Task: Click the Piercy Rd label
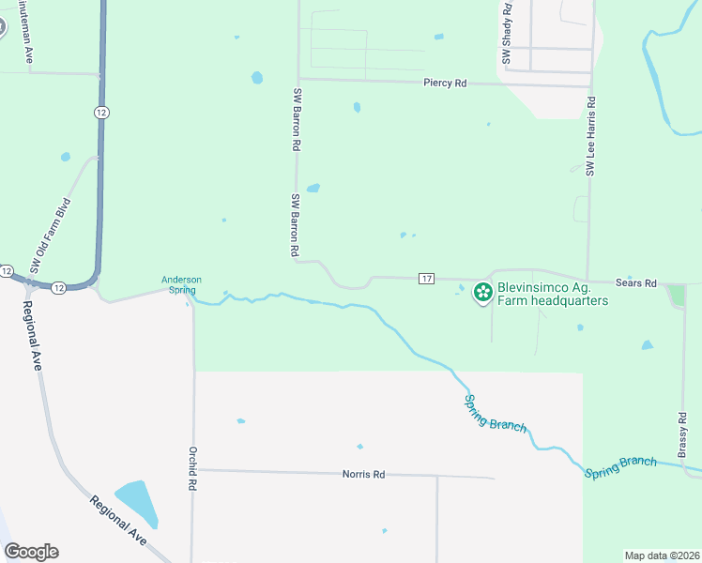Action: tap(444, 84)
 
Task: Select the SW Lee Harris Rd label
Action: tap(591, 135)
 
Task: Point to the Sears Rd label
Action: tap(637, 282)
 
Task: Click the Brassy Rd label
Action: tap(682, 433)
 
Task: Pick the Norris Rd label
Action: tap(364, 475)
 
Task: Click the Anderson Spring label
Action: tap(181, 284)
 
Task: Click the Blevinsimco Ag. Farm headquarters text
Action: tap(553, 295)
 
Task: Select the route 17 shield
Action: tap(427, 279)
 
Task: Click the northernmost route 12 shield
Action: tap(100, 113)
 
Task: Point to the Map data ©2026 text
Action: tap(661, 555)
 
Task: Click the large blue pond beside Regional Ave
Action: tap(137, 503)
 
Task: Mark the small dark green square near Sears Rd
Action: tap(676, 296)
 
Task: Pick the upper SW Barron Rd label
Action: tap(296, 119)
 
